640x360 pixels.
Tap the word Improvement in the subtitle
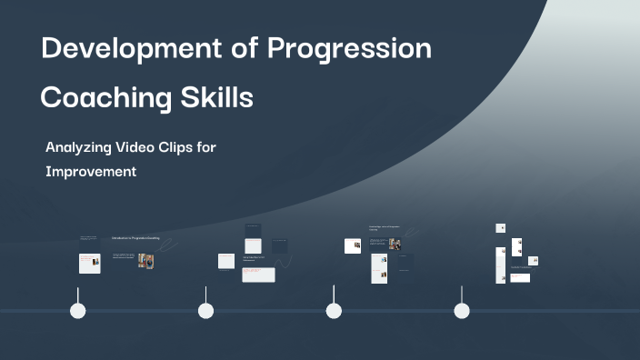[x=91, y=171]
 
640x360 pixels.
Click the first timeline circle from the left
[x=78, y=311]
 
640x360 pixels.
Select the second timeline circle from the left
[x=206, y=311]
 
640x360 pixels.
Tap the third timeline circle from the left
[x=334, y=311]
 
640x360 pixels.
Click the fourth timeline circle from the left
[x=462, y=311]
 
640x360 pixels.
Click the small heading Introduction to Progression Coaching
[x=135, y=238]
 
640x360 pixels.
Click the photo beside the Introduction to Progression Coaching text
[x=145, y=261]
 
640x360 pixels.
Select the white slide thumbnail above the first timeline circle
[x=89, y=263]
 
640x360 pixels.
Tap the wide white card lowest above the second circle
[x=258, y=275]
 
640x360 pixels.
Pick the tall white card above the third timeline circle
[x=379, y=268]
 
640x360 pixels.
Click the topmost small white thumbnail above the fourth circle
[x=500, y=228]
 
